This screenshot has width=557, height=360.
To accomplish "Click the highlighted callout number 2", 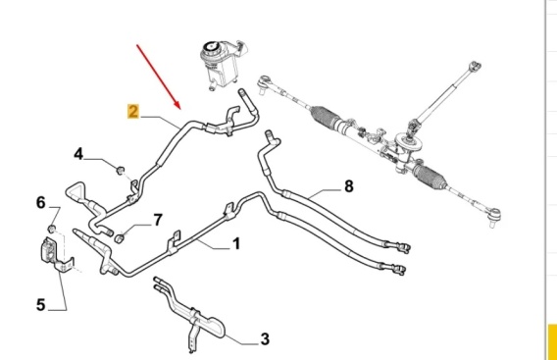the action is coord(132,111).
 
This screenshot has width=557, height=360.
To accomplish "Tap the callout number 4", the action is coord(78,154).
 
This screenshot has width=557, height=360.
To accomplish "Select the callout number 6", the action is coord(41,203).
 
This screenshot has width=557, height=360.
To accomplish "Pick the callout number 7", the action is coord(158,220).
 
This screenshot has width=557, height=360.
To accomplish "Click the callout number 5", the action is coord(41,305).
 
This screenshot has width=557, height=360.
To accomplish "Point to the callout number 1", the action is coord(236,244).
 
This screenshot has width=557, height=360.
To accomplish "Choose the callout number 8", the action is coord(349,185).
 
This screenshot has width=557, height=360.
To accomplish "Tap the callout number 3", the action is coord(265,339).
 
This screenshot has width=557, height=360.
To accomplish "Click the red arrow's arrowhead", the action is coord(177,104).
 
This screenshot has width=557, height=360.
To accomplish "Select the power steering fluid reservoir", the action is coord(222,65).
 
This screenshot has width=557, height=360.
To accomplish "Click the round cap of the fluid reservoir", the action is coord(210,48).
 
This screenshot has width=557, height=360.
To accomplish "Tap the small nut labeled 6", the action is coord(52,229).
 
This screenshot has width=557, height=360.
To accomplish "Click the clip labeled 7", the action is coord(120,238).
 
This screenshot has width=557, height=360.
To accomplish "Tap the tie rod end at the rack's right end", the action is coord(494,216).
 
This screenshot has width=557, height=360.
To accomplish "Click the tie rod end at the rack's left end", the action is coord(265,84).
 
